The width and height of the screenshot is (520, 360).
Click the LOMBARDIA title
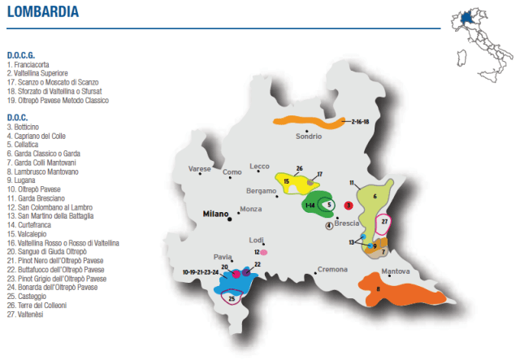pyautogui.click(x=41, y=13)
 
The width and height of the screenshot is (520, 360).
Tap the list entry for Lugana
pyautogui.click(x=24, y=181)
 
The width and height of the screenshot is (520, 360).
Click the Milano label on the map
pyautogui.click(x=215, y=214)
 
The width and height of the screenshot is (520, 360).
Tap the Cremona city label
pyautogui.click(x=332, y=269)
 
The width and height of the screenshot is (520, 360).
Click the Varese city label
pyautogui.click(x=199, y=169)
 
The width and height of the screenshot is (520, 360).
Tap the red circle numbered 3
pyautogui.click(x=348, y=206)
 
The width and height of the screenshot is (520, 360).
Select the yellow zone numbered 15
pyautogui.click(x=288, y=181)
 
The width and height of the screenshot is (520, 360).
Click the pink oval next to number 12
pyautogui.click(x=264, y=253)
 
